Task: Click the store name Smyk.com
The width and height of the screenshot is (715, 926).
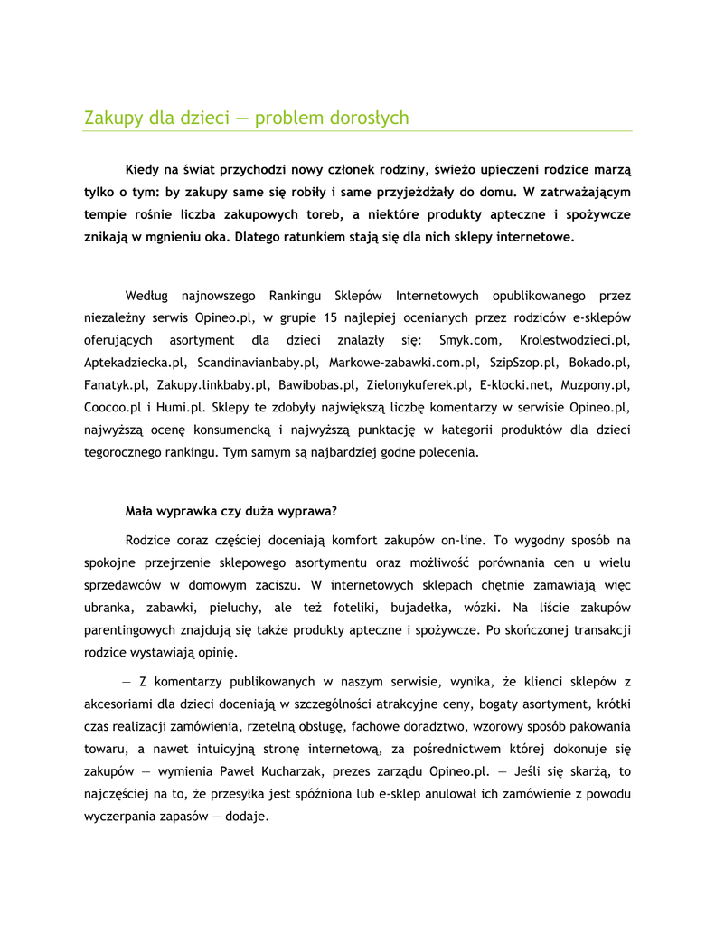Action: [469, 340]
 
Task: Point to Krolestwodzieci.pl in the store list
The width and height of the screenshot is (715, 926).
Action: [575, 340]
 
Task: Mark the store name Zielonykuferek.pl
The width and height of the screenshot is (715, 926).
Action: [416, 385]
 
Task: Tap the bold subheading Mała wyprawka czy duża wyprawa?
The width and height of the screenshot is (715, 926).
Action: [230, 511]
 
